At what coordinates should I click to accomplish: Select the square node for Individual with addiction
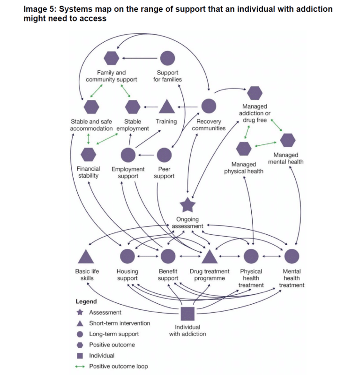(187, 313)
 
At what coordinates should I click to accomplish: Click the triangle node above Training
(166, 107)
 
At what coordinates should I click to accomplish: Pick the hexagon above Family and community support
(111, 58)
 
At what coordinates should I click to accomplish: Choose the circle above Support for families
(167, 58)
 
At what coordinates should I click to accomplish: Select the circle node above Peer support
(164, 154)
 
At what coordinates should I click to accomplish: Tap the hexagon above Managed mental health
(288, 140)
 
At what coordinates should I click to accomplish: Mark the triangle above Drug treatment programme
(210, 256)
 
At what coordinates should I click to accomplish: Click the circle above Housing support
(127, 256)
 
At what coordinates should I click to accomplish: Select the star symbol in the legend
(80, 313)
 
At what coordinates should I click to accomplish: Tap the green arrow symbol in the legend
(80, 367)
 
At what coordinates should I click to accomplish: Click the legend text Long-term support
(114, 334)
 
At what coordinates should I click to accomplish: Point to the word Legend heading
(86, 301)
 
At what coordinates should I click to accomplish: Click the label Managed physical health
(244, 168)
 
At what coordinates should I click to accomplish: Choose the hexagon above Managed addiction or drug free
(255, 93)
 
